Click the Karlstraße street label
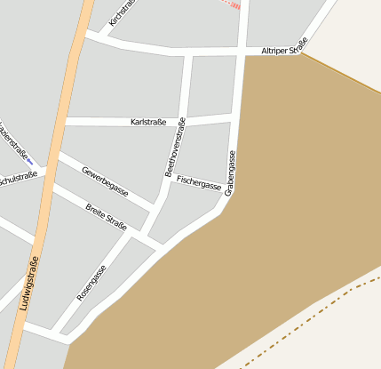[148, 121]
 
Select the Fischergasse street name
[199, 182]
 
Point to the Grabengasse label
[230, 172]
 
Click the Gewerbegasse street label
[105, 181]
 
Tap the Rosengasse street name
[91, 283]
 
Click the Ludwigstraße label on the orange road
[28, 283]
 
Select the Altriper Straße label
[285, 50]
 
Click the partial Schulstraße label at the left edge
[18, 177]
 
